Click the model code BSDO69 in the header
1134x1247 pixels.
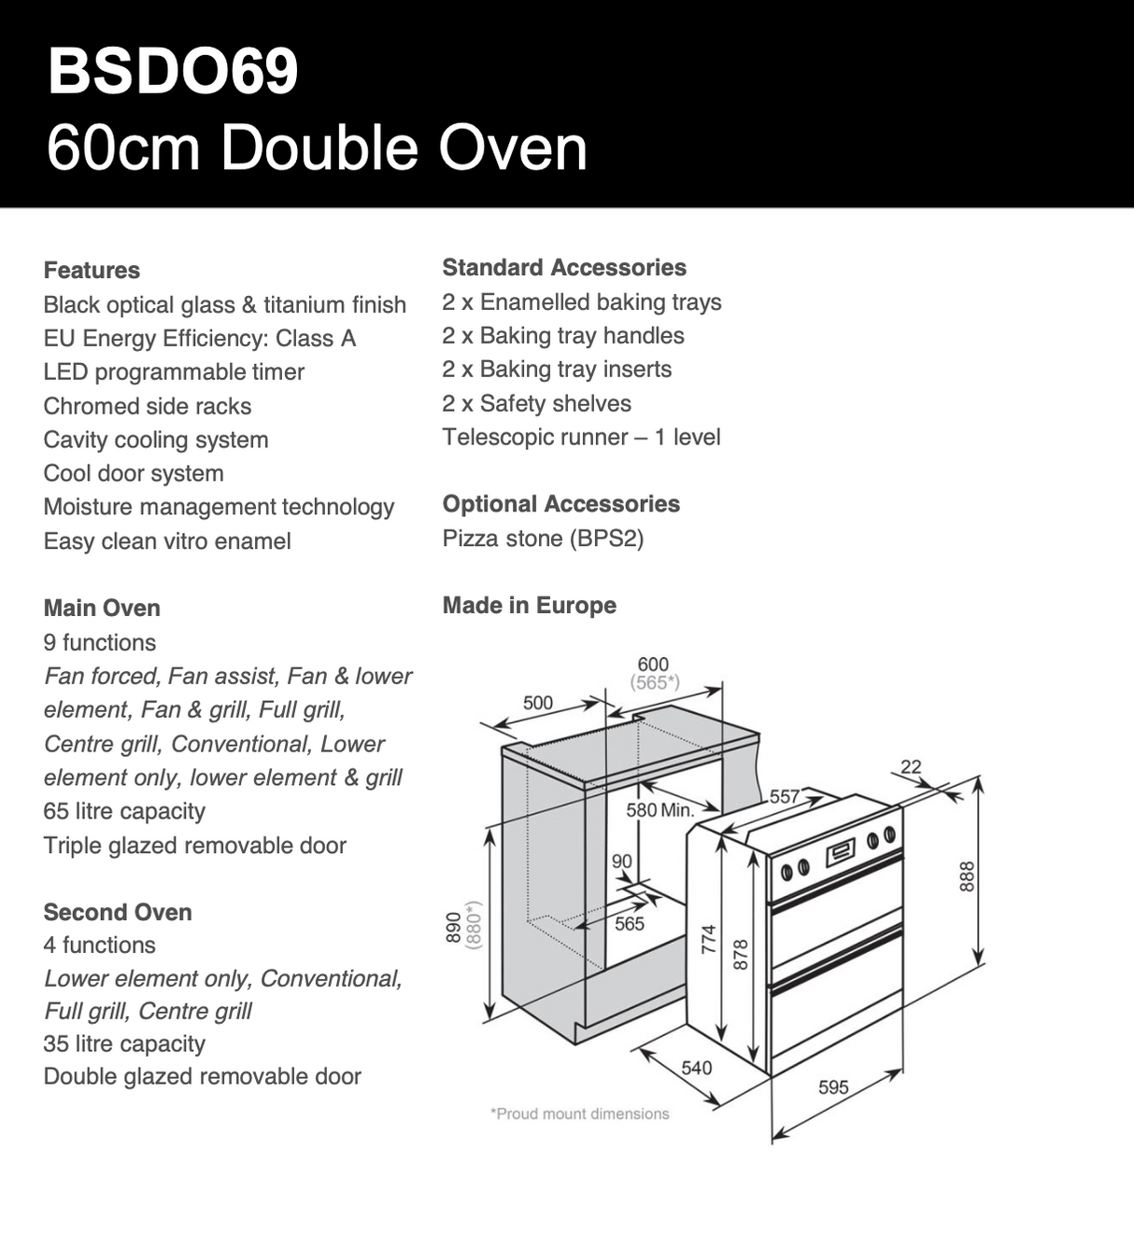[173, 71]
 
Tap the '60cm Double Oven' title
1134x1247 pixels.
[317, 147]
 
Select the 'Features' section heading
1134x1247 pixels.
[92, 271]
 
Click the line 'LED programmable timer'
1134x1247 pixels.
[174, 372]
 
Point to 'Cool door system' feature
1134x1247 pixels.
[134, 473]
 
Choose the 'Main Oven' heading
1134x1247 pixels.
[102, 608]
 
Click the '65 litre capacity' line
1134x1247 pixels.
[124, 811]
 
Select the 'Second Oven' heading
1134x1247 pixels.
[118, 912]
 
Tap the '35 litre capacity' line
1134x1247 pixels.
[124, 1044]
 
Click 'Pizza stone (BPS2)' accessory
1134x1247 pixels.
[543, 539]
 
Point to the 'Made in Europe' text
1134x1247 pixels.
[529, 605]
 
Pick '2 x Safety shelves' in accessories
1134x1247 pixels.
[536, 403]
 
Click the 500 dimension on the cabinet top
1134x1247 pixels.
[538, 703]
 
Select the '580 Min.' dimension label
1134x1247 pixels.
[659, 810]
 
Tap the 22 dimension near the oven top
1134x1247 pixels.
[911, 767]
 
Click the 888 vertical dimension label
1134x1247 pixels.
[968, 876]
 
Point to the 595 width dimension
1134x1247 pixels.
[833, 1087]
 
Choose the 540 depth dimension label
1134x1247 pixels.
[696, 1068]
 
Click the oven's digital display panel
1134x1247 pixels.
[841, 851]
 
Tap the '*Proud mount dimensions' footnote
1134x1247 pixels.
[579, 1114]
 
